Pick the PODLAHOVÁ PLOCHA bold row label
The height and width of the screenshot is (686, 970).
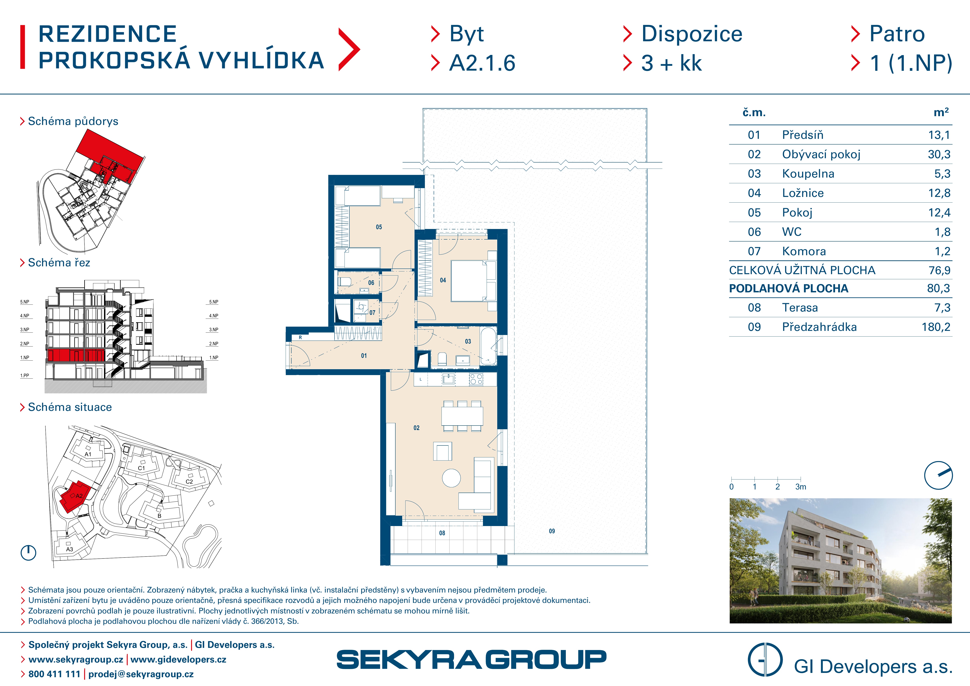click(x=788, y=288)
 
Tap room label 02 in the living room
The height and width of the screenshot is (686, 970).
click(x=416, y=428)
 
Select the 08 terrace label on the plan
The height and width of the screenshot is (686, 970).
click(x=442, y=533)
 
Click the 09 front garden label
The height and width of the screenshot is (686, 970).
click(x=552, y=531)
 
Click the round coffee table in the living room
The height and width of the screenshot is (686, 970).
click(x=451, y=478)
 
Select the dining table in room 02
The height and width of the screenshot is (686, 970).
click(x=462, y=416)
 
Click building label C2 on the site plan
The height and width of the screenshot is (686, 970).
click(x=189, y=482)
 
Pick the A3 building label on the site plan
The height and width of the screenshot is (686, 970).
click(x=70, y=549)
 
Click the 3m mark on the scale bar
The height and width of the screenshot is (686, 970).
click(x=801, y=487)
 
